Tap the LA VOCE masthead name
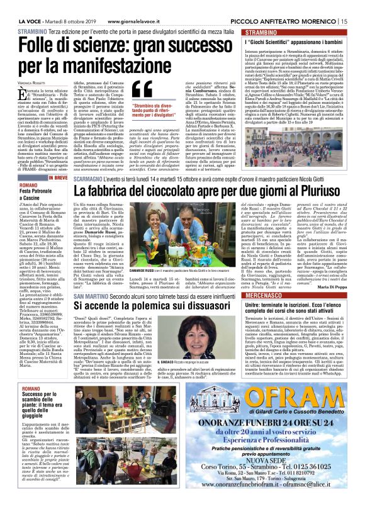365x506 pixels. (x=16, y=6)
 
